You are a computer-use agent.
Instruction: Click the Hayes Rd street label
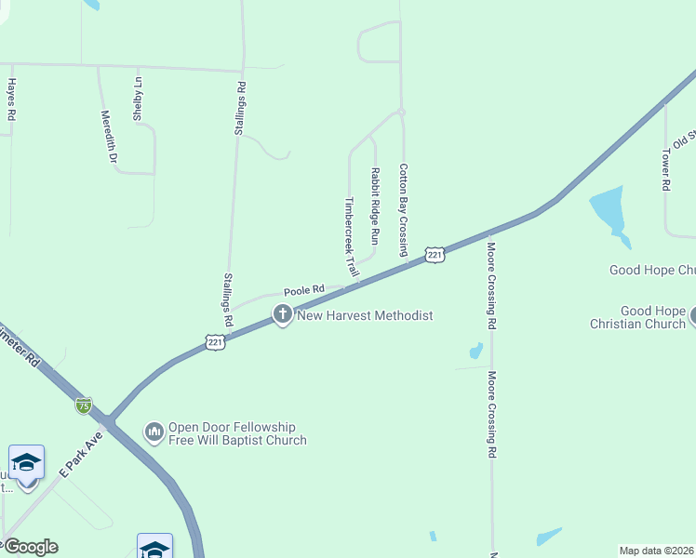(12, 100)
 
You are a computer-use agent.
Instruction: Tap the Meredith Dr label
(109, 137)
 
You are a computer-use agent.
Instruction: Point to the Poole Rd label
(303, 291)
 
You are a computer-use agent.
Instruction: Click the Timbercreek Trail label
(351, 238)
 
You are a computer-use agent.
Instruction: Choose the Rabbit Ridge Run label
(375, 206)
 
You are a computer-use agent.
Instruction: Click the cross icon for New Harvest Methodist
(283, 315)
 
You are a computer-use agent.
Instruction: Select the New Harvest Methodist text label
(365, 315)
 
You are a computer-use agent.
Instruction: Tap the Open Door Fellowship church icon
(154, 432)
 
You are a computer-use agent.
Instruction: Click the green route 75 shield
(84, 405)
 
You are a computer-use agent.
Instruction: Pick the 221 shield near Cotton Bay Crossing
(435, 254)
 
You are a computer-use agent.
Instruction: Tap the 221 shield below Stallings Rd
(216, 342)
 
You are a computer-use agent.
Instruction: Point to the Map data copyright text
(657, 551)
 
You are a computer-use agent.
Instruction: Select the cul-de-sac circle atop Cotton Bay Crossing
(401, 112)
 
